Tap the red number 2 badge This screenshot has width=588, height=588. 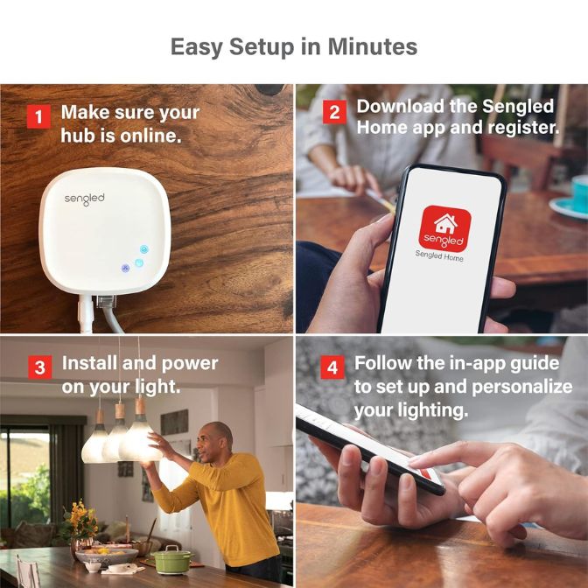pos(333,112)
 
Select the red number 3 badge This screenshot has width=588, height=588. pos(38,368)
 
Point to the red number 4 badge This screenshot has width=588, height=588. pos(332,367)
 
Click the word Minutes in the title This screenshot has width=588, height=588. pos(372,46)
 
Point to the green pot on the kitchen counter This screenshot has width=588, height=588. pos(172,557)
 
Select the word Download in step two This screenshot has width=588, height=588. pos(398,107)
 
